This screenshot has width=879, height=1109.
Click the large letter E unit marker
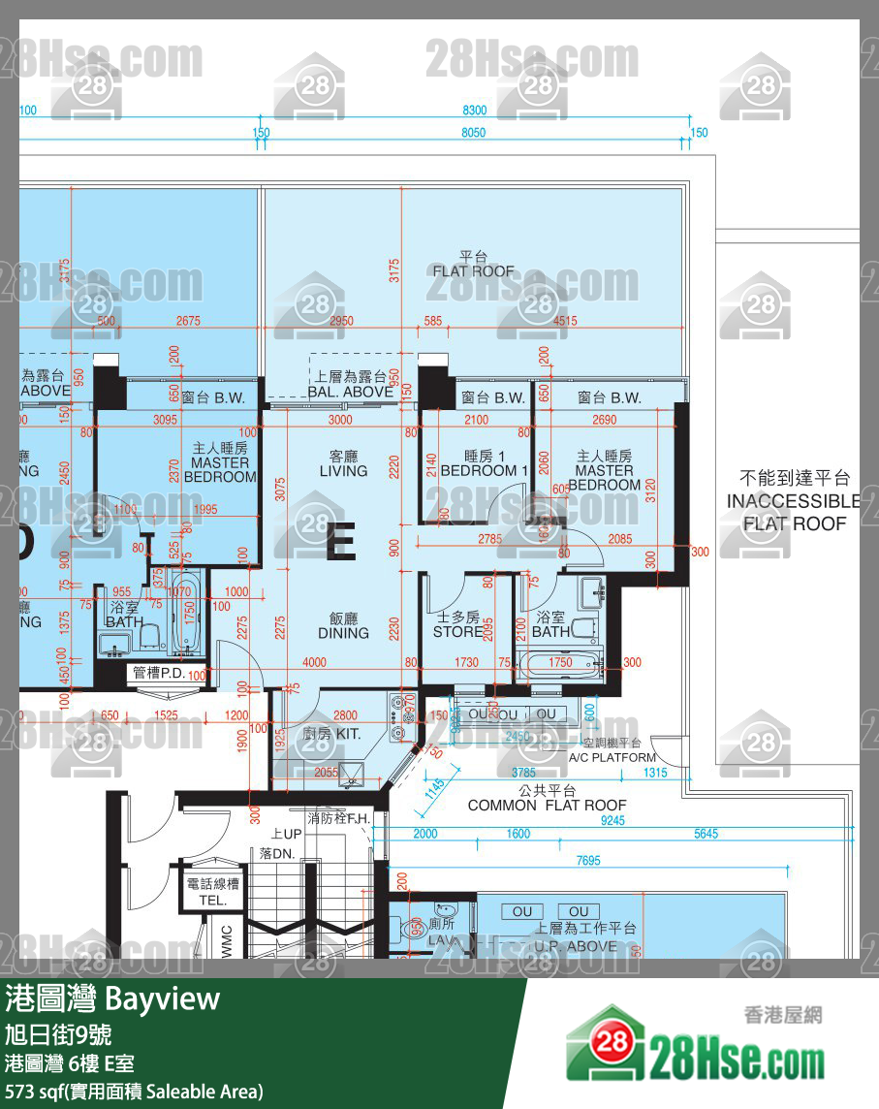pyautogui.click(x=340, y=543)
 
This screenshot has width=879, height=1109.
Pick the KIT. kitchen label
pyautogui.click(x=331, y=734)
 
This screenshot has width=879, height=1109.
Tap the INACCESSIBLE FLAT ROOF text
pyautogui.click(x=794, y=501)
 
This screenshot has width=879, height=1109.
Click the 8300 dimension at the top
pyautogui.click(x=475, y=111)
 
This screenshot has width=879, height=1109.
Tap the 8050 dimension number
pyautogui.click(x=473, y=133)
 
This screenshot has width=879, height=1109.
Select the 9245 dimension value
pyautogui.click(x=612, y=820)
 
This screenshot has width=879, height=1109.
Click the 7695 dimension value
pyautogui.click(x=588, y=860)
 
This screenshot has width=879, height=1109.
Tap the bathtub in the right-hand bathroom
pyautogui.click(x=560, y=666)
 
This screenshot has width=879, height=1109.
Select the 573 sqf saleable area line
pyautogui.click(x=134, y=1092)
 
